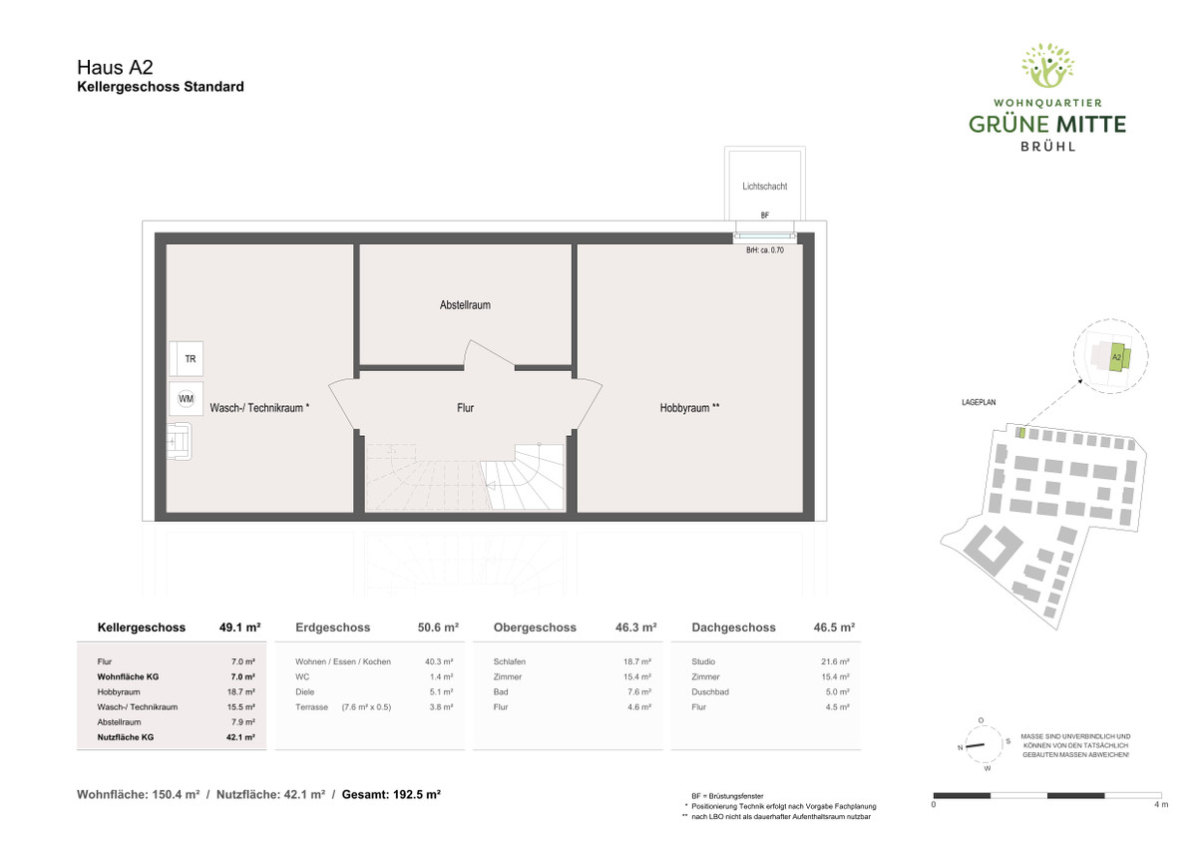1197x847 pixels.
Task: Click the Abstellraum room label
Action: pyautogui.click(x=465, y=305)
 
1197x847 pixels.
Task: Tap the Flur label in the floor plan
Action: pyautogui.click(x=465, y=408)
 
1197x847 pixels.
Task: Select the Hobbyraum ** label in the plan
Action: pyautogui.click(x=689, y=408)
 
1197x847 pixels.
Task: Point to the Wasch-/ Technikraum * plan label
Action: pyautogui.click(x=259, y=408)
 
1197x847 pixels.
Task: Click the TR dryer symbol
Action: pyautogui.click(x=186, y=358)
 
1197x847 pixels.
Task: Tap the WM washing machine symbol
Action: pyautogui.click(x=186, y=399)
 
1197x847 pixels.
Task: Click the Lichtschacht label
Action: pyautogui.click(x=765, y=187)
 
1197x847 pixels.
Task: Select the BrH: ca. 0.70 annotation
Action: pyautogui.click(x=765, y=250)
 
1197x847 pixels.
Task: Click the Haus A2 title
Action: pyautogui.click(x=115, y=67)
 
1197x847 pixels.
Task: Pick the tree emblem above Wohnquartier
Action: pyautogui.click(x=1047, y=65)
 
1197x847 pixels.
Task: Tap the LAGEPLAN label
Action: pyautogui.click(x=979, y=402)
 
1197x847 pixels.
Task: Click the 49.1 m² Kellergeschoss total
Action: pyautogui.click(x=240, y=628)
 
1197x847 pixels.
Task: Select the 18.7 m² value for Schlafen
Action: pyautogui.click(x=637, y=661)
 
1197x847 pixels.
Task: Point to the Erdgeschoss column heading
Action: pyautogui.click(x=332, y=628)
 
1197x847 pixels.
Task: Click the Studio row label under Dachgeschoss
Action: pyautogui.click(x=703, y=661)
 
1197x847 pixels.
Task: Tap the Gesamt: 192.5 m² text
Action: pyautogui.click(x=391, y=795)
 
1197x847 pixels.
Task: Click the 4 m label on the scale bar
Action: pyautogui.click(x=1161, y=804)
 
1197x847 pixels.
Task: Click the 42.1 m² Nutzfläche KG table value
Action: pyautogui.click(x=240, y=737)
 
